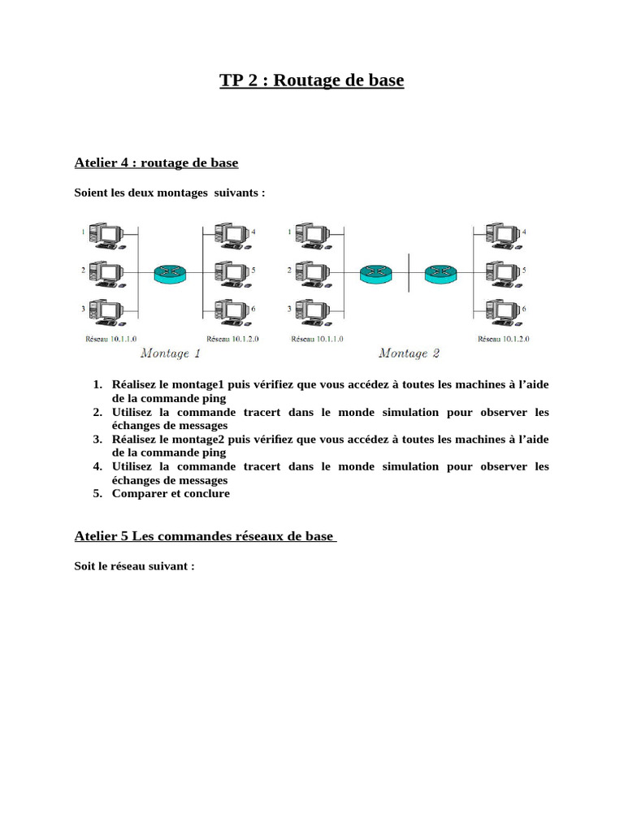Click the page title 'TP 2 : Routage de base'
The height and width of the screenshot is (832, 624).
(311, 80)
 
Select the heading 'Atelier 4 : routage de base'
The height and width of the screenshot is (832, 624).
(156, 162)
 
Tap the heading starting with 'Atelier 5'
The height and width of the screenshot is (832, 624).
(205, 535)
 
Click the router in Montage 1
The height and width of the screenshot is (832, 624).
(170, 273)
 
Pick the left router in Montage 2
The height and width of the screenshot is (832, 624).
(375, 273)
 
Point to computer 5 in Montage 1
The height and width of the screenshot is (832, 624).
(232, 273)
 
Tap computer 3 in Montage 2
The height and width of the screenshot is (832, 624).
(310, 312)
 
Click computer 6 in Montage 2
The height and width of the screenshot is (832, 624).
(502, 312)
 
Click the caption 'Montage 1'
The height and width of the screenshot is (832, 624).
(171, 353)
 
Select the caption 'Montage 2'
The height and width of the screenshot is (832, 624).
(409, 353)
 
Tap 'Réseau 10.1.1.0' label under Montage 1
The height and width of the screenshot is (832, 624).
(111, 339)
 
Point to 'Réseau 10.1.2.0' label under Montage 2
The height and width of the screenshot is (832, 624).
(504, 339)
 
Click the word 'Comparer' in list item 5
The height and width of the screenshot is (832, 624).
(137, 493)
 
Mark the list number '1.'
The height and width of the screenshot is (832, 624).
(97, 383)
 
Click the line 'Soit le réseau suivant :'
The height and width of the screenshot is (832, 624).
(134, 565)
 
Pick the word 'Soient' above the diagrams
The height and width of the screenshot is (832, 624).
(90, 193)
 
